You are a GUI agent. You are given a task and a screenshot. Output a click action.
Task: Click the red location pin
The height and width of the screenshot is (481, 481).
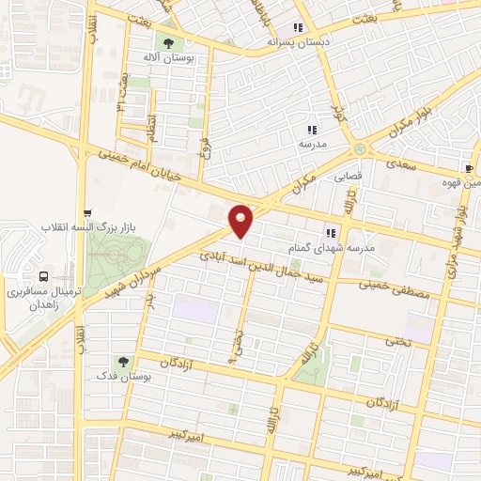(x=241, y=221)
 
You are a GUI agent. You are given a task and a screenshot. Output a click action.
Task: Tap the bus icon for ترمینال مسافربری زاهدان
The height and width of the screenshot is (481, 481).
(x=44, y=276)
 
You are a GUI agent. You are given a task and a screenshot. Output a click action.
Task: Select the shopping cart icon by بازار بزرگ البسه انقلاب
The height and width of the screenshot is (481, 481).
(x=87, y=212)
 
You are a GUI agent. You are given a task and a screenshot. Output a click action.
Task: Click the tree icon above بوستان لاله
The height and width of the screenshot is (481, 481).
(x=168, y=42)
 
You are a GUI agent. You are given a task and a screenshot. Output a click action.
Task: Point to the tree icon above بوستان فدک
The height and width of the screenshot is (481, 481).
(x=122, y=361)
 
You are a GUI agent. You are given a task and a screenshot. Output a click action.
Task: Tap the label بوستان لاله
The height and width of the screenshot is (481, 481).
(x=171, y=58)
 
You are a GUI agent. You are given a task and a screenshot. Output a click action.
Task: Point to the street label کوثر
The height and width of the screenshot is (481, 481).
(x=340, y=115)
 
